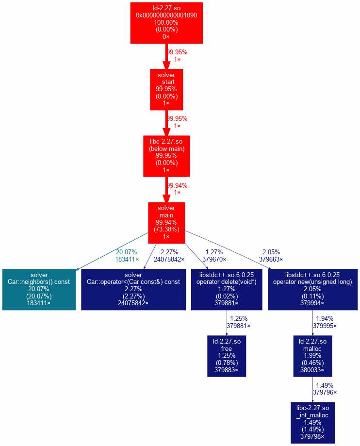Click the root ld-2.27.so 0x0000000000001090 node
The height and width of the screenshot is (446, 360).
click(x=166, y=22)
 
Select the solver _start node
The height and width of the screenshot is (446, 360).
click(x=166, y=89)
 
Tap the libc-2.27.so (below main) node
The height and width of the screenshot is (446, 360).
click(x=166, y=156)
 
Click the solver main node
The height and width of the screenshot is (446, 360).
click(x=166, y=223)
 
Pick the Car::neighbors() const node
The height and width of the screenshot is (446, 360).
click(x=39, y=289)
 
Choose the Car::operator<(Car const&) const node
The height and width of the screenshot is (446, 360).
click(x=133, y=289)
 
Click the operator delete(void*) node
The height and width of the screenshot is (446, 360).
click(x=226, y=289)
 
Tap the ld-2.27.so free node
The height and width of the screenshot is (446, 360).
click(x=226, y=356)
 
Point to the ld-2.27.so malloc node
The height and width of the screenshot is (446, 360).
click(x=312, y=356)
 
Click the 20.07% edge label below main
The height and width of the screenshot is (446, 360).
click(x=126, y=252)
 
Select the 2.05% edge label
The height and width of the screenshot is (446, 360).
click(x=271, y=252)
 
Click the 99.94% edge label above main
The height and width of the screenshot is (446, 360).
click(x=177, y=185)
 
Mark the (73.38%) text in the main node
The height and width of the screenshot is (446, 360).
click(x=166, y=230)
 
